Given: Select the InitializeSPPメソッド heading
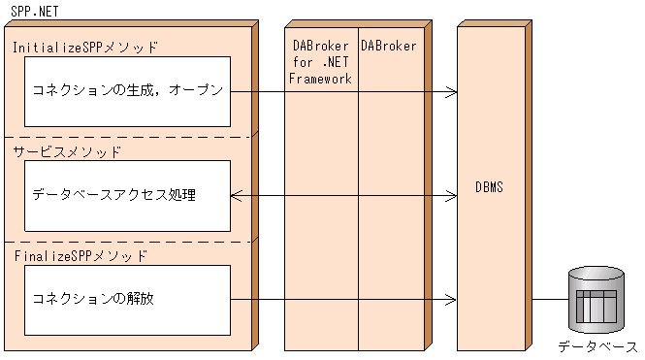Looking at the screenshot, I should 84,46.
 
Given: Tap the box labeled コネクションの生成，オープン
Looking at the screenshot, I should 127,91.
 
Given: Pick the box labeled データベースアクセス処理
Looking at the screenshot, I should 127,195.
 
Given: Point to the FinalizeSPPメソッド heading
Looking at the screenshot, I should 81,255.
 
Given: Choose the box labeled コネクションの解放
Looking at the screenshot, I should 127,299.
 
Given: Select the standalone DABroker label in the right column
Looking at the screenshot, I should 388,46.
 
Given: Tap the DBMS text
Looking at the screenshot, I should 490,185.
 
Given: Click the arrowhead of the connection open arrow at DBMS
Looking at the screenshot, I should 452,92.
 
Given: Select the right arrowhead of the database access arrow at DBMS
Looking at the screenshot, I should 452,196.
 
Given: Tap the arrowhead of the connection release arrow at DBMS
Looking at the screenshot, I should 452,300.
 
